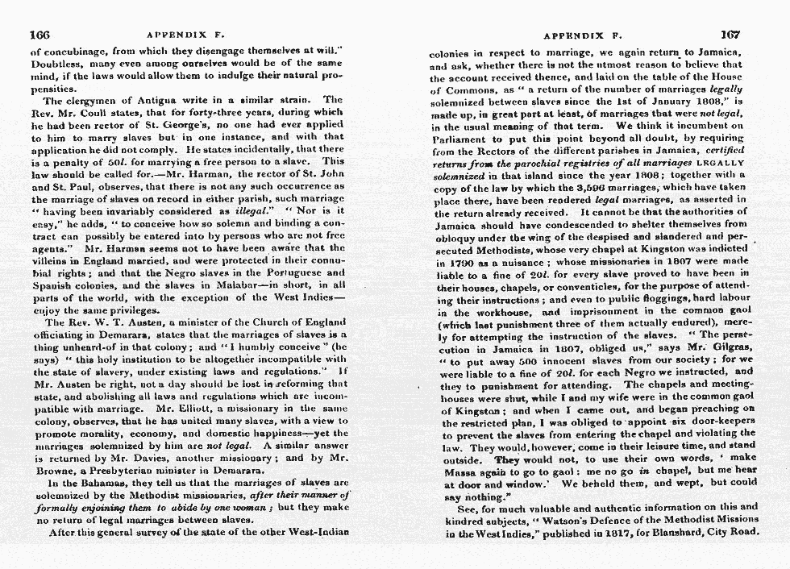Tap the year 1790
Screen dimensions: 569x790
[451, 262]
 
